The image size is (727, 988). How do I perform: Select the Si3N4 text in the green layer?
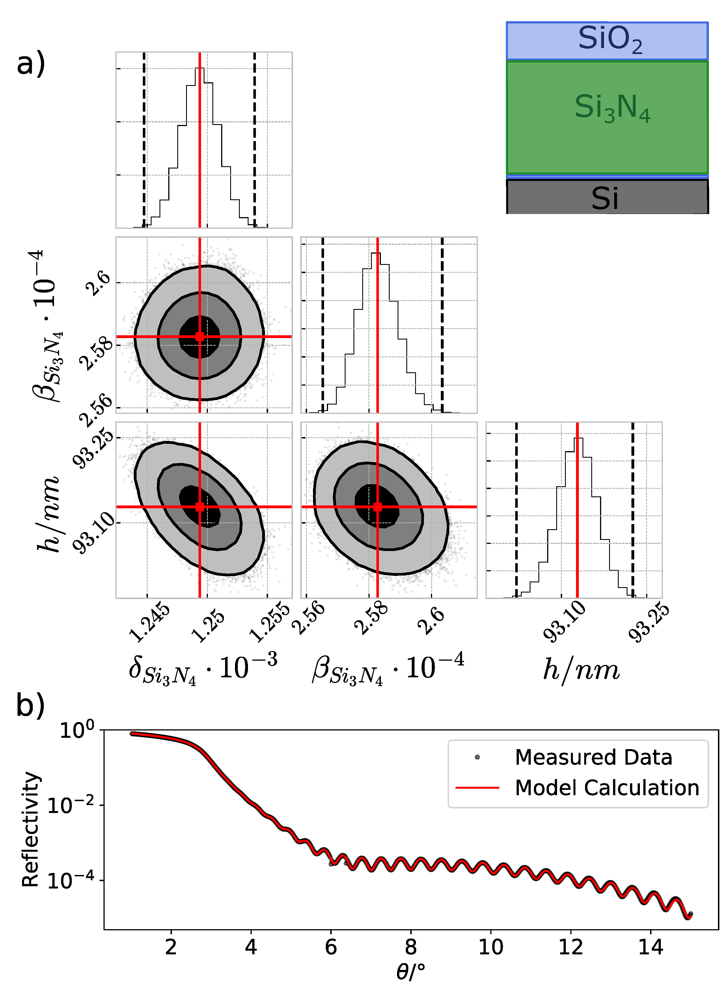click(x=612, y=108)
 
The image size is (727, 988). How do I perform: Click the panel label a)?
click(x=31, y=63)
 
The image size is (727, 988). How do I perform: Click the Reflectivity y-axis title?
click(x=31, y=829)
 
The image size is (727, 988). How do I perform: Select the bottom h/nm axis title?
click(x=581, y=670)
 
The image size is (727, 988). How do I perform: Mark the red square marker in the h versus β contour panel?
click(x=377, y=507)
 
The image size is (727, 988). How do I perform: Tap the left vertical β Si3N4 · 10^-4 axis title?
click(x=46, y=326)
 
